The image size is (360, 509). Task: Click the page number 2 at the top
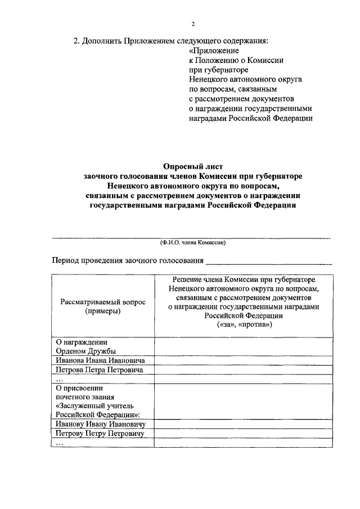point(192,24)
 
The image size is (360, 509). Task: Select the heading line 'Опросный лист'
point(193,166)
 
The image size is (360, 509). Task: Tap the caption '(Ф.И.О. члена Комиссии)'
point(193,242)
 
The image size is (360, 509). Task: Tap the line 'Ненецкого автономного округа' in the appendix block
point(245,79)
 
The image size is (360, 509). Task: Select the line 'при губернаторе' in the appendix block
point(217,70)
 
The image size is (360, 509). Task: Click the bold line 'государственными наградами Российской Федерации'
point(193,205)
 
